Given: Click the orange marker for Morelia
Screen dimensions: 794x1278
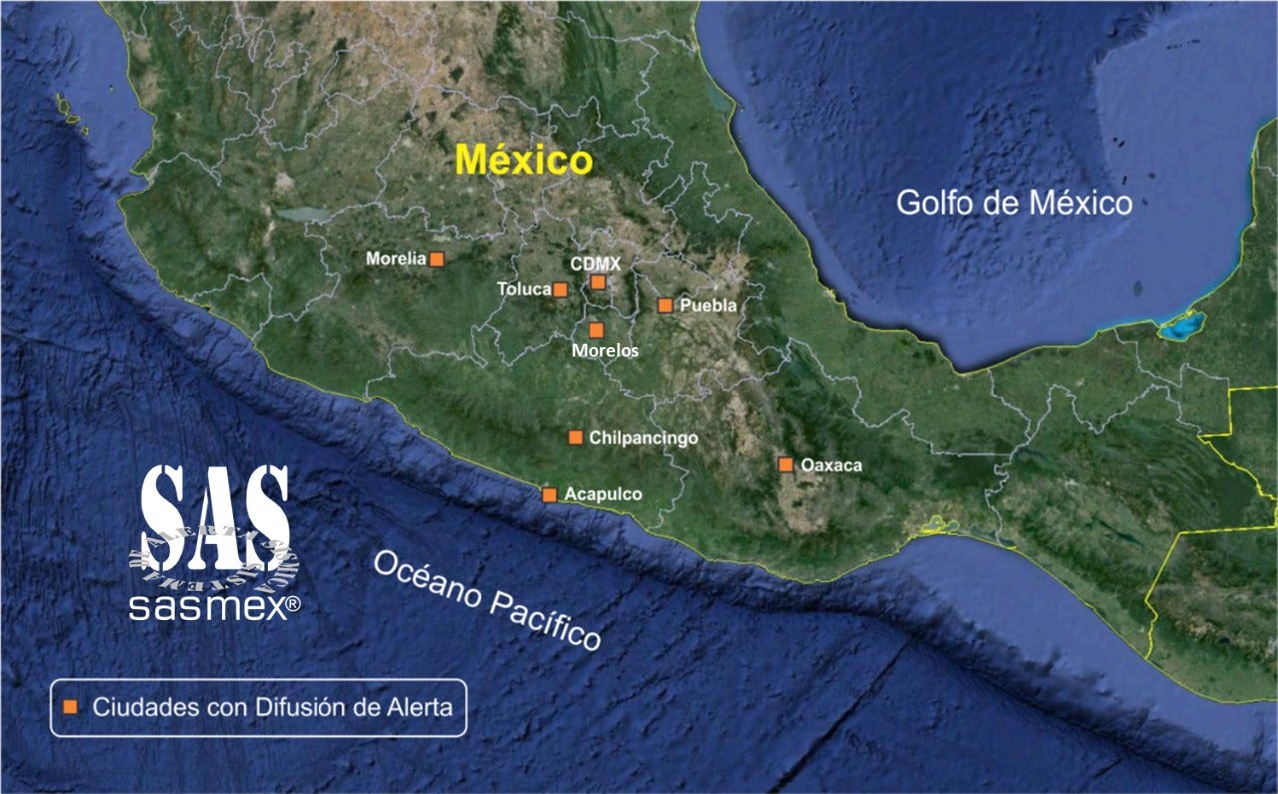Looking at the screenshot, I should [x=436, y=259].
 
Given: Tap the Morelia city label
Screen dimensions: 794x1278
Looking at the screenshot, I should [x=396, y=259].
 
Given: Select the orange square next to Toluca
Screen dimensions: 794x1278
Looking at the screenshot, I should [x=560, y=290].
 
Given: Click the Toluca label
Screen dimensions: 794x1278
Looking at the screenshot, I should [x=524, y=290].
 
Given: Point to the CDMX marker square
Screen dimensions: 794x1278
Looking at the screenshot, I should [x=597, y=282].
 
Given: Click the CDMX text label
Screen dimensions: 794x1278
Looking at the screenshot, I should [x=596, y=264].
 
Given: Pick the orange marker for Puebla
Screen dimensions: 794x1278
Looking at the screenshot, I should [x=665, y=305].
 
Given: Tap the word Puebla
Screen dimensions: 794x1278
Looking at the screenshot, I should [x=708, y=306].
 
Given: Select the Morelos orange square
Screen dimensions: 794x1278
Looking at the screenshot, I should [x=596, y=330].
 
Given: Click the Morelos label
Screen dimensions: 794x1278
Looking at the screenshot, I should [x=605, y=351].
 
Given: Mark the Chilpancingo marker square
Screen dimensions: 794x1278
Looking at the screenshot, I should [x=575, y=437].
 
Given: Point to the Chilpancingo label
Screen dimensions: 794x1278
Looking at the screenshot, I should [x=643, y=438].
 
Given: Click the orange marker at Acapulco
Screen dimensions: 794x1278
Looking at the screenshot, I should [x=549, y=494].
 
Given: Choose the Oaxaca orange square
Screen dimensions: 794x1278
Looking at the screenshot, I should [x=785, y=464].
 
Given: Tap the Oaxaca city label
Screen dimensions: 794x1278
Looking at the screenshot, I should [x=831, y=465].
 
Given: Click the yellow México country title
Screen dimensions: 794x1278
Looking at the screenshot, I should [x=524, y=161].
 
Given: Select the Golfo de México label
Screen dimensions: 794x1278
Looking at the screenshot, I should [x=1013, y=203].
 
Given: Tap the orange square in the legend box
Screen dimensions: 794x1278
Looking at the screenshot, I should [x=70, y=707].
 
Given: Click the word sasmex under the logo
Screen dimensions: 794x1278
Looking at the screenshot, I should [x=207, y=607].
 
